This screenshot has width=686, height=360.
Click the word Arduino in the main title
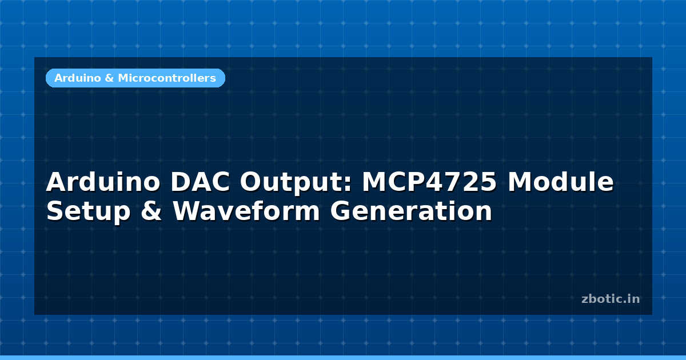[103, 182]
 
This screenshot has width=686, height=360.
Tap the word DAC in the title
[200, 182]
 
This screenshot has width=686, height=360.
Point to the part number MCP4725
[429, 182]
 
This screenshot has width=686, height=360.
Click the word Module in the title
[560, 182]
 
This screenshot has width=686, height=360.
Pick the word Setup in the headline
[89, 211]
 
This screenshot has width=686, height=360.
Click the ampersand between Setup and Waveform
[151, 211]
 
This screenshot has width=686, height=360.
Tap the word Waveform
[246, 211]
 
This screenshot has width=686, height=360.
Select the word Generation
[411, 211]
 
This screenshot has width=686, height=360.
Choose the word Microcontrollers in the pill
[167, 78]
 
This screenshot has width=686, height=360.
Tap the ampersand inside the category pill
[109, 78]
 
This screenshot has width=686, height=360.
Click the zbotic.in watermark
[611, 299]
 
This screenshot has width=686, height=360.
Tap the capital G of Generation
[341, 211]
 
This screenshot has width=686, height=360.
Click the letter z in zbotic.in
[585, 300]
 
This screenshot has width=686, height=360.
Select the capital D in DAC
[181, 182]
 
